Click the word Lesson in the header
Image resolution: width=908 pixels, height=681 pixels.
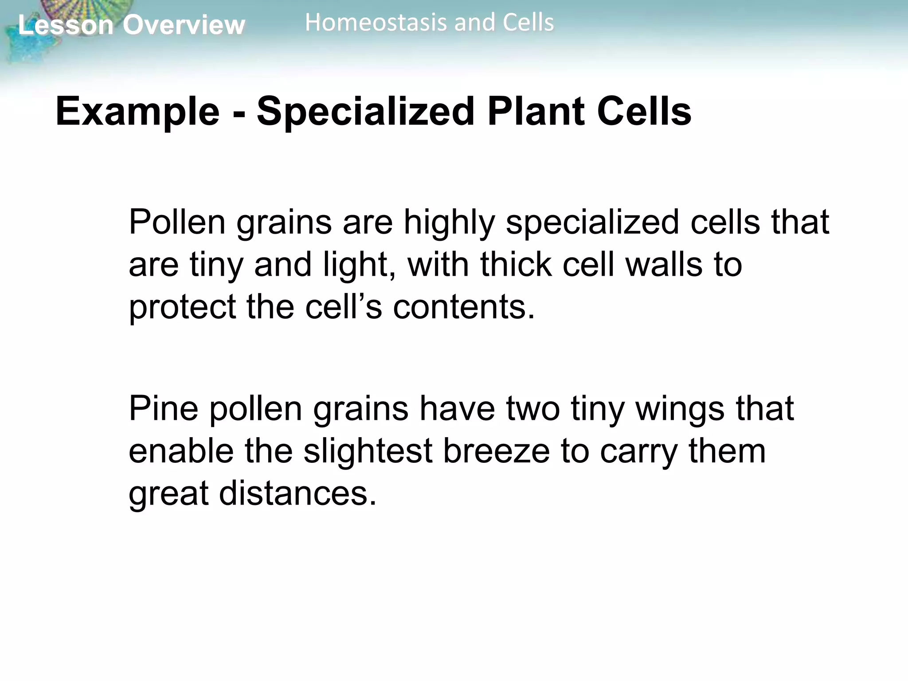tap(66, 25)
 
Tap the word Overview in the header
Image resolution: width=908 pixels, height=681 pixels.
tap(184, 25)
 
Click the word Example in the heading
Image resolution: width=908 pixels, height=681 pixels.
tap(137, 112)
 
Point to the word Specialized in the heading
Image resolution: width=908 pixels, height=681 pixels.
tap(366, 112)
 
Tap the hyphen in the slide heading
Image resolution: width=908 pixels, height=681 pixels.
tap(239, 114)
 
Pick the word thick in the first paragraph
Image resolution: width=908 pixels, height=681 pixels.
tap(516, 264)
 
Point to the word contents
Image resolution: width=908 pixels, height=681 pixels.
tap(464, 307)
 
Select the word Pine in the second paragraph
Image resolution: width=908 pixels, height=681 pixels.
tap(163, 409)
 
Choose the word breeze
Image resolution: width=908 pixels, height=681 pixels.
tap(496, 451)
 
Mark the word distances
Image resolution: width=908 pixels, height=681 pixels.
tap(297, 493)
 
